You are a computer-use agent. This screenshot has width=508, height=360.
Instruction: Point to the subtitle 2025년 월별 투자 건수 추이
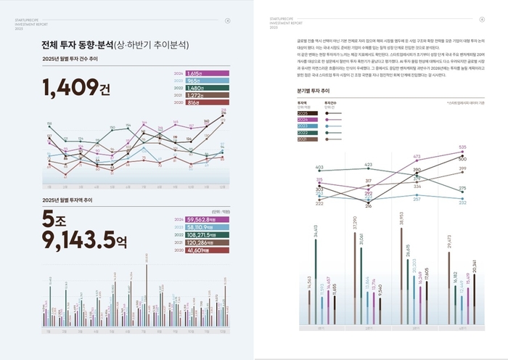(x=74, y=59)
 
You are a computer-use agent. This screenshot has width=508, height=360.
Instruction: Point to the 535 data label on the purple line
(x=462, y=147)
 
